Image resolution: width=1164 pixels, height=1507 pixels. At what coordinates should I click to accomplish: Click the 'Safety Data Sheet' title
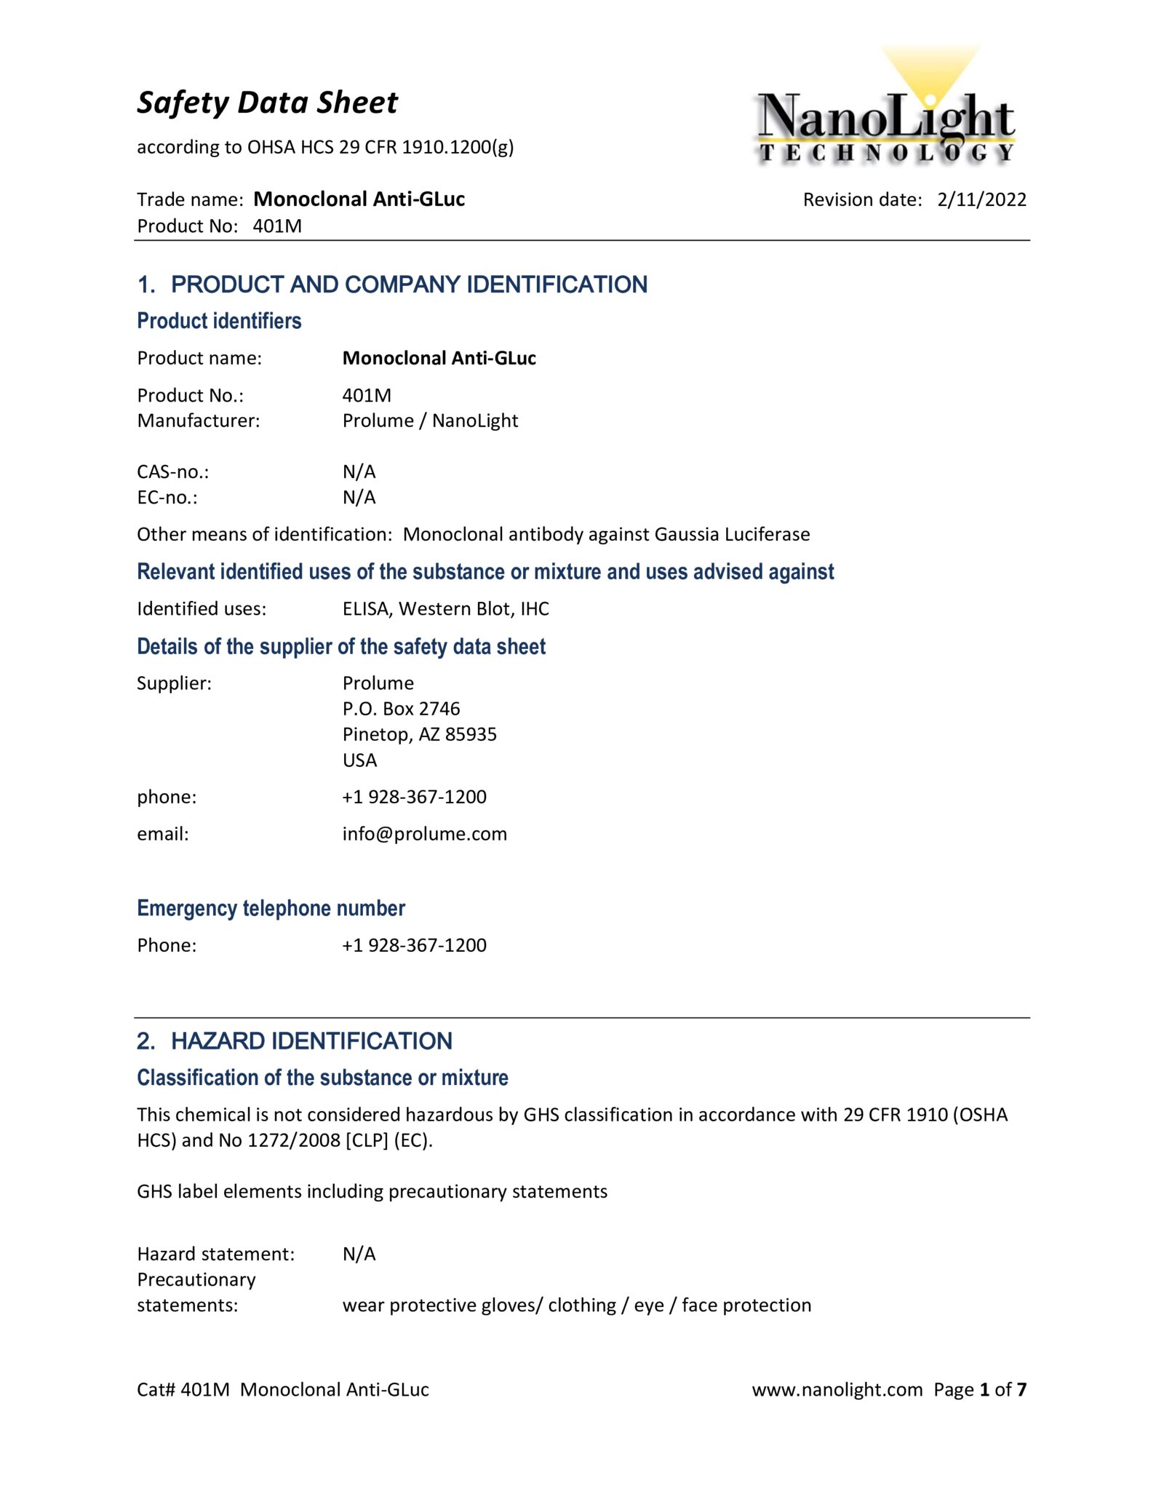pos(267,103)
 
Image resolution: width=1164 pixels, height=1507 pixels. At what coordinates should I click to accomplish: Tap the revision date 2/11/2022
pos(981,199)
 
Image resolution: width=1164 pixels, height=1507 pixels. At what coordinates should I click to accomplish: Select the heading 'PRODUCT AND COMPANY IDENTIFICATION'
pos(409,285)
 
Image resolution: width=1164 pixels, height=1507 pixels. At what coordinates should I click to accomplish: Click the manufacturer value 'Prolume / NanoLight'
pos(430,421)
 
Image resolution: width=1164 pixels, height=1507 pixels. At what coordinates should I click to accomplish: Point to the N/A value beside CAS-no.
pos(359,472)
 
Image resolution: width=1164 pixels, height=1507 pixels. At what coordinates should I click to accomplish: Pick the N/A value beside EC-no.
pos(359,498)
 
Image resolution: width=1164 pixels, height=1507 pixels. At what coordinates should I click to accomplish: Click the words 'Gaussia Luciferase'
pos(732,535)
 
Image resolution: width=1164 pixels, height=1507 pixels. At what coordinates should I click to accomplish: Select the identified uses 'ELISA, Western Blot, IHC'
pos(445,609)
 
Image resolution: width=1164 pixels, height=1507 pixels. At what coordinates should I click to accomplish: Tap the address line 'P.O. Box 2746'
pos(401,709)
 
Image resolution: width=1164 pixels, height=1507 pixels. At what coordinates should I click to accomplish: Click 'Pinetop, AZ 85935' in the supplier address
pos(419,734)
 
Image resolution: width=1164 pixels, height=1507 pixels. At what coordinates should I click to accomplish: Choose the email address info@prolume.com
pos(424,834)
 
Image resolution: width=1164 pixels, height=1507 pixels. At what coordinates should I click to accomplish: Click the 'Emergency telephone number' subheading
pos(271,908)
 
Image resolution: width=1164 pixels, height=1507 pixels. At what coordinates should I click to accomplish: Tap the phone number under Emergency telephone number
pos(414,945)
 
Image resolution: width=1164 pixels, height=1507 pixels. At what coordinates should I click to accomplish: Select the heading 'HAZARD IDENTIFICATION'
pos(311,1041)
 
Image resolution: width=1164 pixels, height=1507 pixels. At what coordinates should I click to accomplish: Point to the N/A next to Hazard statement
pos(359,1254)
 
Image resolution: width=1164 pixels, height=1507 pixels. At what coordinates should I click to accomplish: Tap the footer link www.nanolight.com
pos(837,1390)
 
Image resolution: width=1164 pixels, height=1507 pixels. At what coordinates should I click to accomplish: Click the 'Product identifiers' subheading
pos(219,321)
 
